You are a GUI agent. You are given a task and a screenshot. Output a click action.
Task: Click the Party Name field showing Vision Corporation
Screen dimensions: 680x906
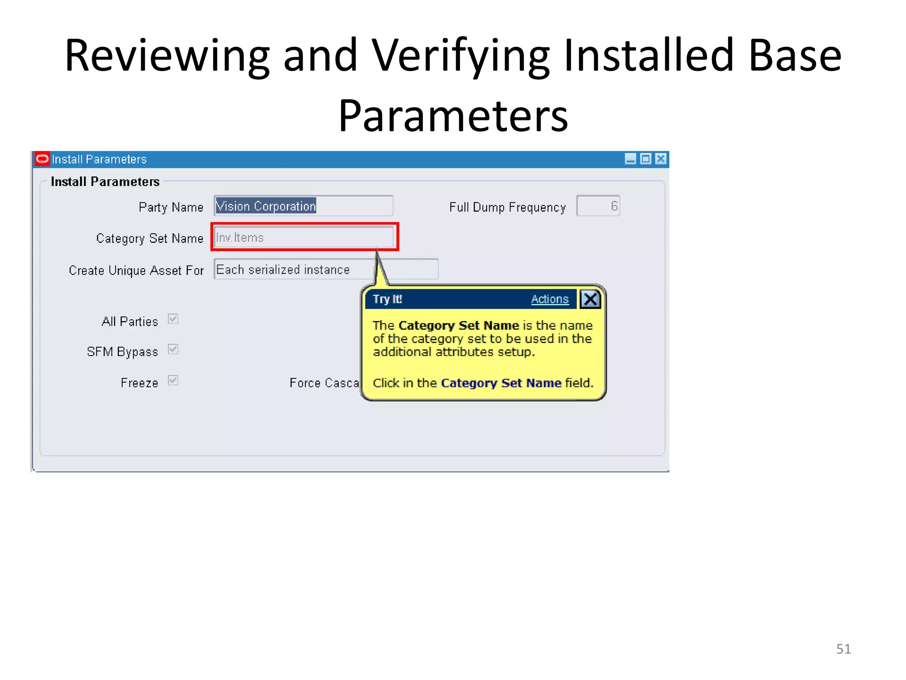point(303,206)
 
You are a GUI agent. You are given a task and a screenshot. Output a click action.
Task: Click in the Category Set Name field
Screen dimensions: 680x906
point(303,237)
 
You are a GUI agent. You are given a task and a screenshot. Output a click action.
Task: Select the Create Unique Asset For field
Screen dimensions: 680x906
point(326,269)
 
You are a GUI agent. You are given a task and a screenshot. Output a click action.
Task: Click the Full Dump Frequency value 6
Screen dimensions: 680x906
point(598,206)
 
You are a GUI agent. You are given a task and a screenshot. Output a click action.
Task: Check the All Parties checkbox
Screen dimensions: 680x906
point(173,319)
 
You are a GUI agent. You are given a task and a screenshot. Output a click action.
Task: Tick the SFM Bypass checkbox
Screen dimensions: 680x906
point(173,349)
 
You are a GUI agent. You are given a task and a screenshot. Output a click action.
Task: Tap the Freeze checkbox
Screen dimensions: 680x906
point(173,380)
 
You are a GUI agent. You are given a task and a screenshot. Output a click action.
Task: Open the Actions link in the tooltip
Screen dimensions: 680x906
point(549,299)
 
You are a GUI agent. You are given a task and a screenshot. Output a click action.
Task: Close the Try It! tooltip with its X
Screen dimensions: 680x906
point(590,299)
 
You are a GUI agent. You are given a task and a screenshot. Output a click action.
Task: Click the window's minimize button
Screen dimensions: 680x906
point(630,159)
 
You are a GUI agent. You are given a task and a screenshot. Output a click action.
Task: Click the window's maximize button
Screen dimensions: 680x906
point(646,159)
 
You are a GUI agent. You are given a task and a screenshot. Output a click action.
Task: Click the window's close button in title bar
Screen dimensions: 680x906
point(661,159)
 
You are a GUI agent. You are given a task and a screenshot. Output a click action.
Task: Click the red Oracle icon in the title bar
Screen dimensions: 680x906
point(42,159)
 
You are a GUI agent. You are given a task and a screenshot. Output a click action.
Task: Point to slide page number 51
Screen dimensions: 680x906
point(843,649)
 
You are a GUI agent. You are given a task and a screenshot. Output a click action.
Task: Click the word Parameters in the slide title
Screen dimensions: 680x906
point(453,116)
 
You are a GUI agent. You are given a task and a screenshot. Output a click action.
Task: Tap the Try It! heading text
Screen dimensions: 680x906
point(387,299)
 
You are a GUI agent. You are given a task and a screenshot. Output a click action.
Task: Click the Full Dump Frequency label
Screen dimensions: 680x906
point(507,207)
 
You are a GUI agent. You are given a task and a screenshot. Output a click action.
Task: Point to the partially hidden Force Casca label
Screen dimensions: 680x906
point(324,383)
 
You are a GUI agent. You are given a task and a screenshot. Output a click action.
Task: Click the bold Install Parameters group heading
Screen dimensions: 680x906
point(105,182)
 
